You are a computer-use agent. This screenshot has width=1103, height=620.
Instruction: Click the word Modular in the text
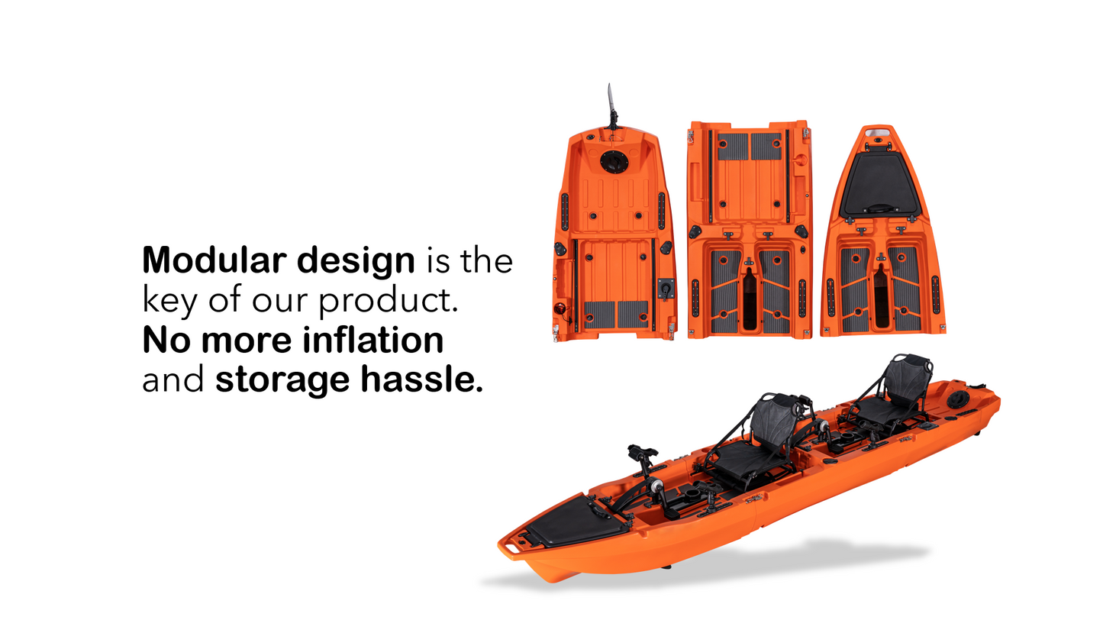point(214,260)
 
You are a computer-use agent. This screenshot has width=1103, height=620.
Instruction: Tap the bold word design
point(356,261)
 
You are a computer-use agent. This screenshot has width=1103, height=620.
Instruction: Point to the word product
point(389,300)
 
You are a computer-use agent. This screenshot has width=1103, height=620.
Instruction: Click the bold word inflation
point(373,340)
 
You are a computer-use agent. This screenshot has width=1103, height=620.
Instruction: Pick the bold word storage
point(283,381)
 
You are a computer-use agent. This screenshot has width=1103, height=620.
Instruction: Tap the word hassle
point(422,379)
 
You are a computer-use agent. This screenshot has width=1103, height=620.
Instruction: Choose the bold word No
point(166,341)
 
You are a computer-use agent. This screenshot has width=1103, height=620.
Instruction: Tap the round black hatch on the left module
point(614,162)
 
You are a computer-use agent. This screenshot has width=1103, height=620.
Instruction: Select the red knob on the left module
point(560,308)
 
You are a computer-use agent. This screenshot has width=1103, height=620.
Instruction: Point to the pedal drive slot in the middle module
point(749,299)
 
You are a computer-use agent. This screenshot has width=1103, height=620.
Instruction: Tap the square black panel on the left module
point(666,287)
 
